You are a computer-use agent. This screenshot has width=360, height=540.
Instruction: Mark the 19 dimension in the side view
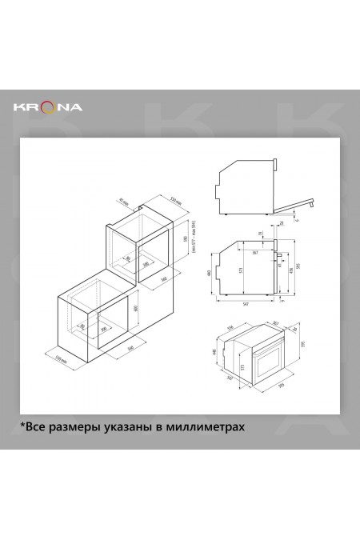point(259,234)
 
